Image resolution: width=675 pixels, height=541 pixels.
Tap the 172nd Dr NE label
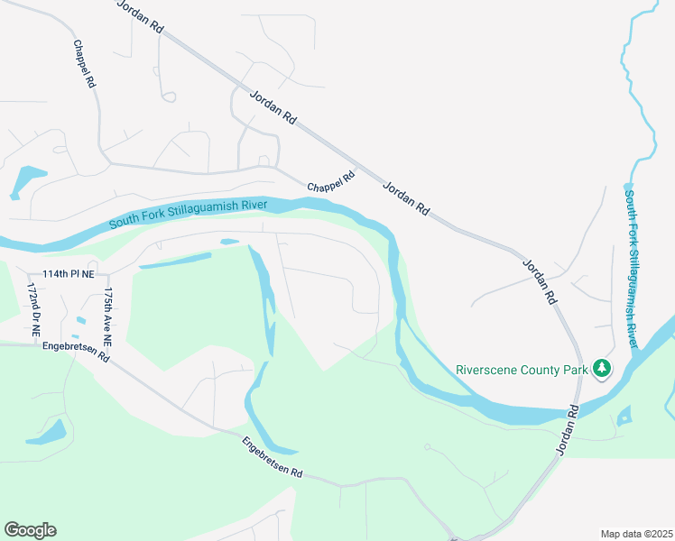coord(33,309)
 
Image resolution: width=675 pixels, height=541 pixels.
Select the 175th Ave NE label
coord(106,318)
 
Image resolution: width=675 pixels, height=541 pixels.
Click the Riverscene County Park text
coord(522,369)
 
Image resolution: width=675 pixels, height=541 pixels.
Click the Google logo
coord(30,529)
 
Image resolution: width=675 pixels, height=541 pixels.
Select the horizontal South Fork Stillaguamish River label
coord(189,215)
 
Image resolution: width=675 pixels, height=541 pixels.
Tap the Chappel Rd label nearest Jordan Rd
coord(331,181)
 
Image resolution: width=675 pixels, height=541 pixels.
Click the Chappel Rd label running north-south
coord(85,63)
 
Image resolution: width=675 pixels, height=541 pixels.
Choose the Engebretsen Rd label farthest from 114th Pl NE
coord(272,459)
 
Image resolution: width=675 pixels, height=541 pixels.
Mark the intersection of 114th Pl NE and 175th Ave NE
coord(108,276)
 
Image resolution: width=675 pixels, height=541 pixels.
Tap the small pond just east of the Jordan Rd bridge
coord(623,416)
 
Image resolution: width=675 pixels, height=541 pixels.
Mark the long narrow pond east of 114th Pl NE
coord(176,261)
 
